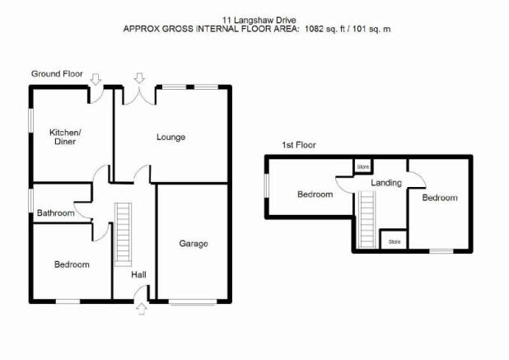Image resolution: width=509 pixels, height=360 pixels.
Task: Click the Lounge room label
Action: coord(170,138)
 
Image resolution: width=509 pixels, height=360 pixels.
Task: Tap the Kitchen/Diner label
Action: coord(65,137)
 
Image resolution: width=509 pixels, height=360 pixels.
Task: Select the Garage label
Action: coord(194,244)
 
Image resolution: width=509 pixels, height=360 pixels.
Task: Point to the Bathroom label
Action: coord(55,213)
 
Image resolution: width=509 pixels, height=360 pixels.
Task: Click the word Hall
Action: coord(138,275)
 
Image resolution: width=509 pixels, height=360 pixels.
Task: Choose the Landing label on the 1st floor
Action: coord(386,183)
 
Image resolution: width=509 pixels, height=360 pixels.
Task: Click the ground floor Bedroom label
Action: coord(72,264)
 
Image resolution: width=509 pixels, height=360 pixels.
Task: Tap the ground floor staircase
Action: coord(123,235)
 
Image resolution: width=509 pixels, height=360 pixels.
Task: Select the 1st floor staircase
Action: coord(367,220)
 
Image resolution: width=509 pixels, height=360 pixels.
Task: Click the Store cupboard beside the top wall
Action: coord(363,167)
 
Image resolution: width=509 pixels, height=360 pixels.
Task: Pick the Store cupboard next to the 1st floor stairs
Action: coord(395,241)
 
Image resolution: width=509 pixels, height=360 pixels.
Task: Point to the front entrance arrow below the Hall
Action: coord(142,309)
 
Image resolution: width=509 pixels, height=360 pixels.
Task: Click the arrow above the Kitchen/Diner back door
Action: coord(96,79)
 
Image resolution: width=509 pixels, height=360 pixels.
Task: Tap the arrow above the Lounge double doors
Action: coord(139,78)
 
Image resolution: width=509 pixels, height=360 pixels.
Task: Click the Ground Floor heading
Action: coord(57,74)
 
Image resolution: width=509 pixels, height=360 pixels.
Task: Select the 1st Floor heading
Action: coord(299,145)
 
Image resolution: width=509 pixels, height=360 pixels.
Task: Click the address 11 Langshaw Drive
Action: coord(259,21)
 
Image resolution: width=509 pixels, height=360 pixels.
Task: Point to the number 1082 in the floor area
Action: coord(315,29)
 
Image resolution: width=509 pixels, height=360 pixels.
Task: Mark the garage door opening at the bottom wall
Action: coord(193,302)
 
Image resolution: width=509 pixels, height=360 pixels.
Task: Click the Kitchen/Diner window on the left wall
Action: coord(30,120)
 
